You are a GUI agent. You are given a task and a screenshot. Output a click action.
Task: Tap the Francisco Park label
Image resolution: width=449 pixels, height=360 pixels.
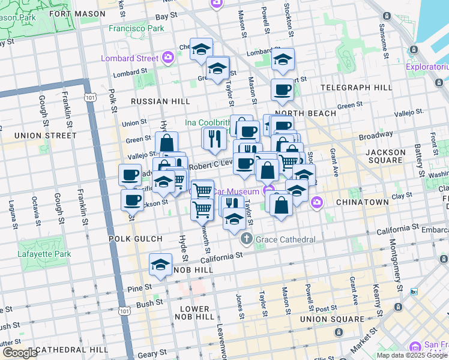point(136,28)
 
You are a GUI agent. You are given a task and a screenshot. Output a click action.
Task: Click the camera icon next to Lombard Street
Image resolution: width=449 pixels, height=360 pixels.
point(167,58)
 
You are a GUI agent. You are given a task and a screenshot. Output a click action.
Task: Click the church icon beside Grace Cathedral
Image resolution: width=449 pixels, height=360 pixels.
point(246,240)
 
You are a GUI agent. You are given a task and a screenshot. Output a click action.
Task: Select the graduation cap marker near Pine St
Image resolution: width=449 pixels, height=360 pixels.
point(161,264)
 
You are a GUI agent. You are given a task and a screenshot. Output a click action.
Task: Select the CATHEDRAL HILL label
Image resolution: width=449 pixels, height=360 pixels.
point(71,349)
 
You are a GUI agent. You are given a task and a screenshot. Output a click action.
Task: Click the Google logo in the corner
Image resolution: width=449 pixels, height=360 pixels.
point(20,353)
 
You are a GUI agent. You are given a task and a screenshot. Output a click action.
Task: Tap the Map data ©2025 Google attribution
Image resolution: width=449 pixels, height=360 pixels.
point(411,355)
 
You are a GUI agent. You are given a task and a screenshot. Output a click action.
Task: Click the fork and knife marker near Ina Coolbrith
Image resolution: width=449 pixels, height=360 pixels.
point(214,139)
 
